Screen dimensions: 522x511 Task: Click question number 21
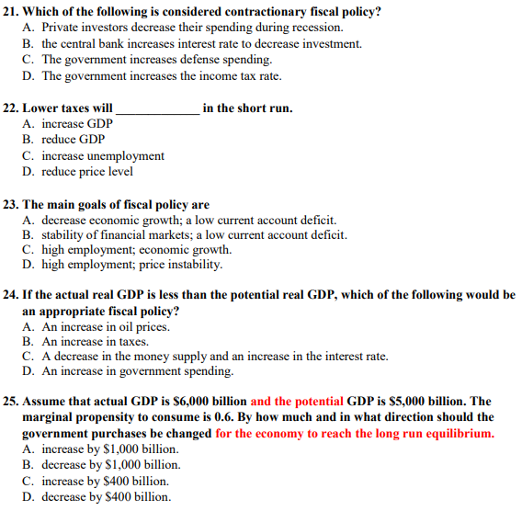pos(13,12)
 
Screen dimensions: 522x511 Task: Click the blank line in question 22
pos(157,108)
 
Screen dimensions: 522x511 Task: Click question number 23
pos(13,204)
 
